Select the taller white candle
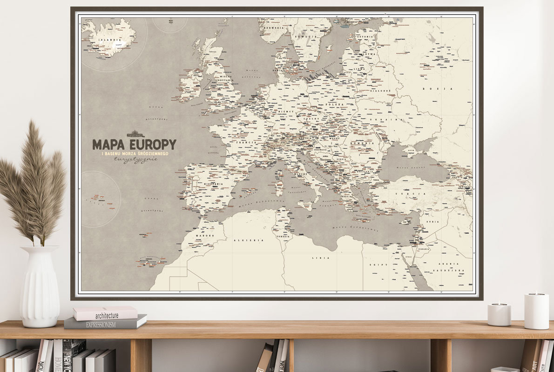(x=536, y=311)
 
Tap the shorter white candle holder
(x=499, y=314)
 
